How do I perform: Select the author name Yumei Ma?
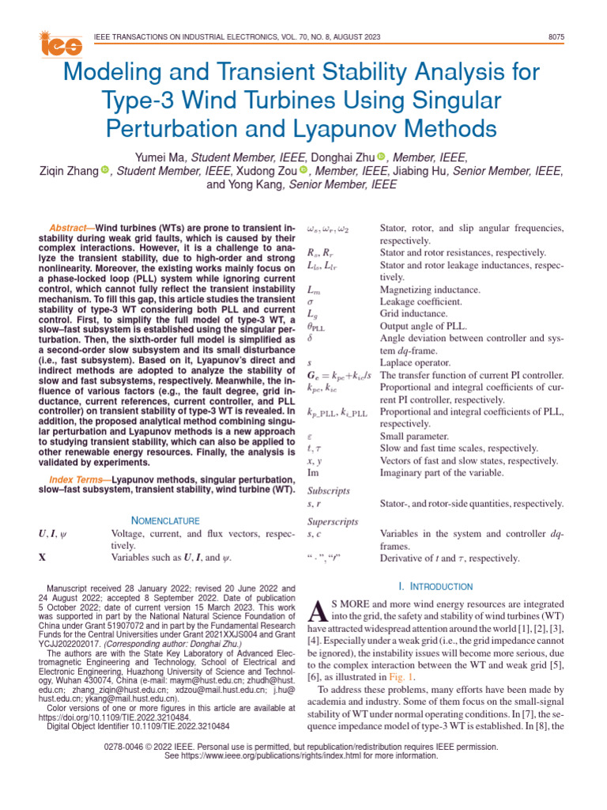tap(161, 157)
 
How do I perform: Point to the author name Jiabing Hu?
tap(470, 171)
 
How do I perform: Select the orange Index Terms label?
tap(78, 479)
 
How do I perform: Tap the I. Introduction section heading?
tap(435, 586)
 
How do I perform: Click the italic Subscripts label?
tap(328, 490)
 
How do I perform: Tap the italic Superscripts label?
tap(333, 521)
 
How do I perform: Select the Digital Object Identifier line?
tap(139, 725)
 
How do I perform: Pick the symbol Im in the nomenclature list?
tap(312, 472)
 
